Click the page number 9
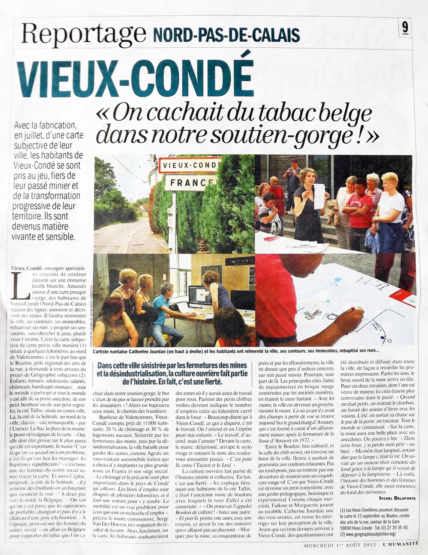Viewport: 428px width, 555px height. coord(405,28)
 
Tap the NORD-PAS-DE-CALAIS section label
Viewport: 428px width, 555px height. coord(226,35)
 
